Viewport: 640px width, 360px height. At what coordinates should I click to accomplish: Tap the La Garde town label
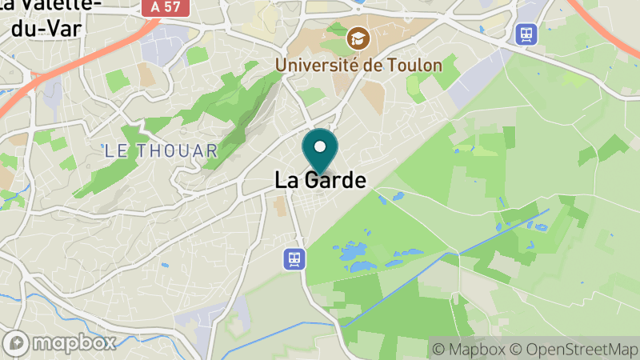(x=320, y=181)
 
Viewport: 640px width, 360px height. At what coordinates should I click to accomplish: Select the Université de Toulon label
(x=358, y=64)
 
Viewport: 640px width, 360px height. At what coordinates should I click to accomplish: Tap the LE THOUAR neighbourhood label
(x=161, y=150)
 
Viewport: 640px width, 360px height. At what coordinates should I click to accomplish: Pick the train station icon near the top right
(x=526, y=34)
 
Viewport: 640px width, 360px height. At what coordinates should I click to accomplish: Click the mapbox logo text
(x=77, y=342)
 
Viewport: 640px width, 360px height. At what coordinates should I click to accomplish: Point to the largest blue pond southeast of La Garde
(x=352, y=254)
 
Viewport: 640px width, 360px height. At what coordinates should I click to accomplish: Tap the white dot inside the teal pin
(x=320, y=146)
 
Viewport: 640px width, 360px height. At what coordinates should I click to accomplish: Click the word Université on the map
(x=318, y=64)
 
